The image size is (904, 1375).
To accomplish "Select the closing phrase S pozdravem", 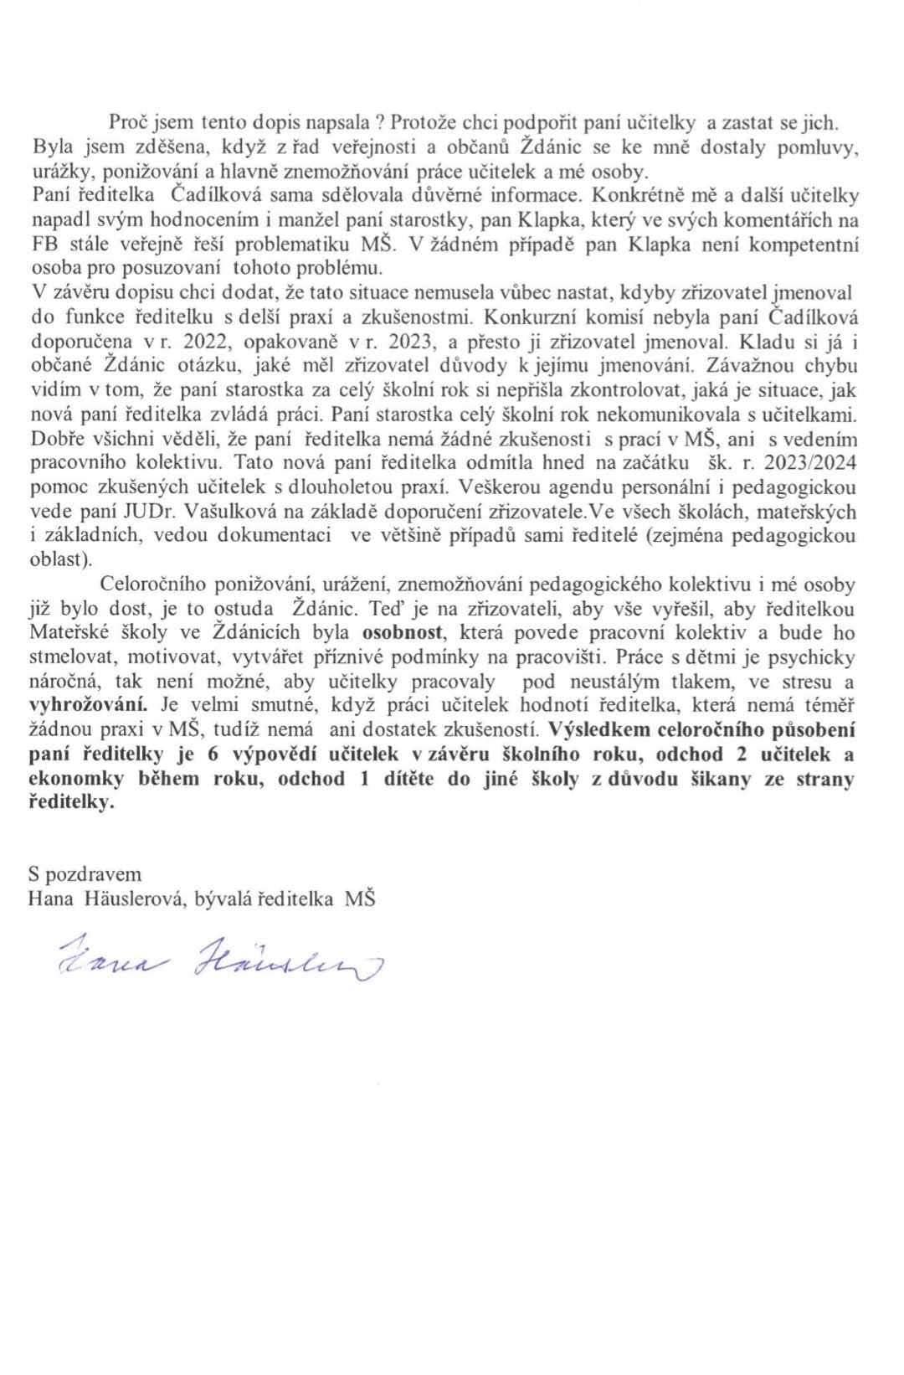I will click(x=85, y=874).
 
